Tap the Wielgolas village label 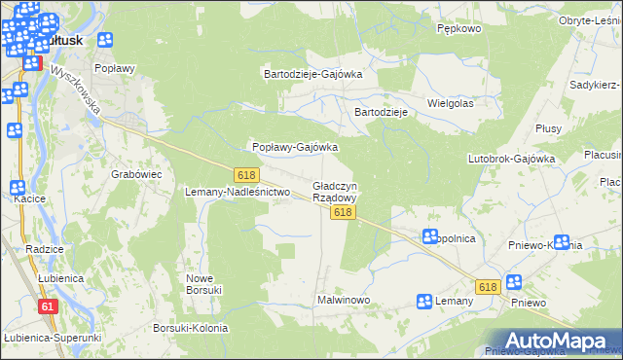coord(450,102)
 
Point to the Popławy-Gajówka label coord(295,147)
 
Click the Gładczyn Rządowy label coord(334,191)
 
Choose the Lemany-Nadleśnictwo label coord(238,192)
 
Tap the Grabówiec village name coord(136,174)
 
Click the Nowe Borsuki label coord(204,283)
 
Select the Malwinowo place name coord(344,300)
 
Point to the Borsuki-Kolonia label coord(190,328)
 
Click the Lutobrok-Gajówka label coord(511,158)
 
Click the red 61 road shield coord(47,306)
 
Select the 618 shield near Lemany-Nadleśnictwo coord(246,173)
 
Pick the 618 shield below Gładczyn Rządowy coord(341,211)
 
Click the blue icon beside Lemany coord(423,302)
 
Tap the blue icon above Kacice coord(17,188)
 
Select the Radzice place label coord(45,249)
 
